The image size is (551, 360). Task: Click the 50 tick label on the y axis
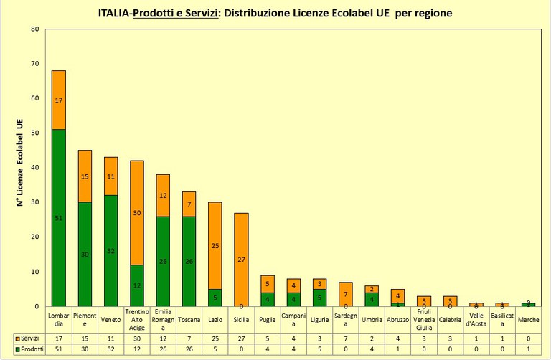point(34,133)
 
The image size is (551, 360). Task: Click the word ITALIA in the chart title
point(115,14)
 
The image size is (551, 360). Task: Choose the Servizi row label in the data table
point(31,338)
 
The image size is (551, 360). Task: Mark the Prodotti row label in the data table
point(31,349)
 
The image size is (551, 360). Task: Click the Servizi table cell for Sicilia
point(242,338)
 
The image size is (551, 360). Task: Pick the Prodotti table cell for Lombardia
point(59,349)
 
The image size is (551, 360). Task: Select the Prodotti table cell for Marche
point(528,349)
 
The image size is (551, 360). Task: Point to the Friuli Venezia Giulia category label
point(424,320)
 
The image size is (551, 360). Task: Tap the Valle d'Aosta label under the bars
point(476,319)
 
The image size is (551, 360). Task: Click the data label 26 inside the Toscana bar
point(189,262)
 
